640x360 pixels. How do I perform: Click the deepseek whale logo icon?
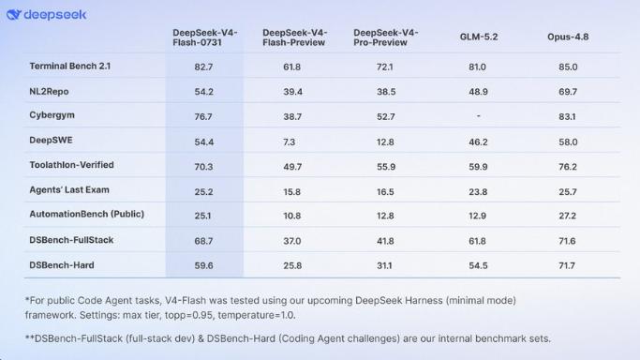(13, 15)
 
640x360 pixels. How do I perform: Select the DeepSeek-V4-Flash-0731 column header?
(205, 37)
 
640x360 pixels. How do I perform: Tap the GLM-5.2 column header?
(479, 37)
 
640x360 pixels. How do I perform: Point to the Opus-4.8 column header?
(568, 37)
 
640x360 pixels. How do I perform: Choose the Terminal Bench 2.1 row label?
(69, 67)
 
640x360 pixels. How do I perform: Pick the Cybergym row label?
(52, 115)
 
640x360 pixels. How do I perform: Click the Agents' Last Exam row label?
(69, 189)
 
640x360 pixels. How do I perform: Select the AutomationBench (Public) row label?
(86, 215)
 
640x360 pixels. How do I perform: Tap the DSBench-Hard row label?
(62, 265)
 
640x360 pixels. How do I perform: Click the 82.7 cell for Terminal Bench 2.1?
(203, 67)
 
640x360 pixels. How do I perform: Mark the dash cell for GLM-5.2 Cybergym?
(479, 116)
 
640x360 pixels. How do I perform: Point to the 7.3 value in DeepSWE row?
(289, 142)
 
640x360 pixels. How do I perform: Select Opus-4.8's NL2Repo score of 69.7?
(568, 92)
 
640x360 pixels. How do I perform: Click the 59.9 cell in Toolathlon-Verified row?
(478, 167)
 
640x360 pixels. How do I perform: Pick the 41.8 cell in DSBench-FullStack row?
(385, 241)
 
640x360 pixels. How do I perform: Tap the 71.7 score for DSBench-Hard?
(567, 265)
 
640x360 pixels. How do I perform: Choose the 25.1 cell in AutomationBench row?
(202, 216)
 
